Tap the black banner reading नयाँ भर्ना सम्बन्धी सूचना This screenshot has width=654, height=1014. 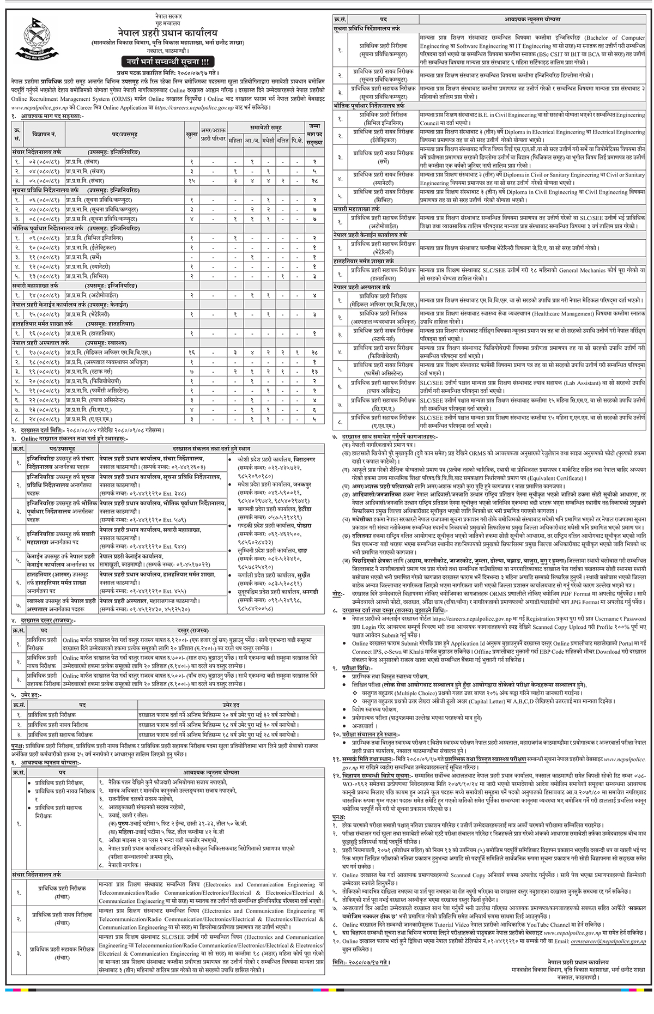pyautogui.click(x=168, y=62)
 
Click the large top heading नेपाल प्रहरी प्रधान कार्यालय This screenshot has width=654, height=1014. pyautogui.click(x=167, y=34)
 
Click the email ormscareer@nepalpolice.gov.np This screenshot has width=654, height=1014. pyautogui.click(x=616, y=942)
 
